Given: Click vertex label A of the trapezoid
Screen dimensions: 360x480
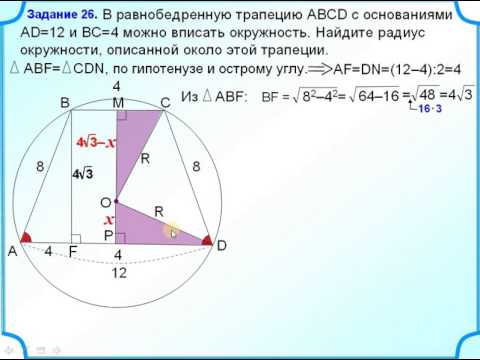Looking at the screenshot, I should point(13,252).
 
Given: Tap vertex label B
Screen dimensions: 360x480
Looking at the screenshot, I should point(64,103).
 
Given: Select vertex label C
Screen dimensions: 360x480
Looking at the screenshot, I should point(165,103).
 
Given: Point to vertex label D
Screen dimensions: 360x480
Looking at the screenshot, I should point(222,246).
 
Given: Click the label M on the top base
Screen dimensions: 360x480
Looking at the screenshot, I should point(118,103).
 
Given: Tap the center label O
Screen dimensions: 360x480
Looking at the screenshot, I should point(104,202).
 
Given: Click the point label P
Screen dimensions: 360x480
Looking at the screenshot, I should point(108,235).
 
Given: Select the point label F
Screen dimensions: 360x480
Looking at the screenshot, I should point(73,252).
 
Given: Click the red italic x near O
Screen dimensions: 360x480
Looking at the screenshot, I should point(108,219).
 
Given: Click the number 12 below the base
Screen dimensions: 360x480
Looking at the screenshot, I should point(118,273).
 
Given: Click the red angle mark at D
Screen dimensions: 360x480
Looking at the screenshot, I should point(206,241).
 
